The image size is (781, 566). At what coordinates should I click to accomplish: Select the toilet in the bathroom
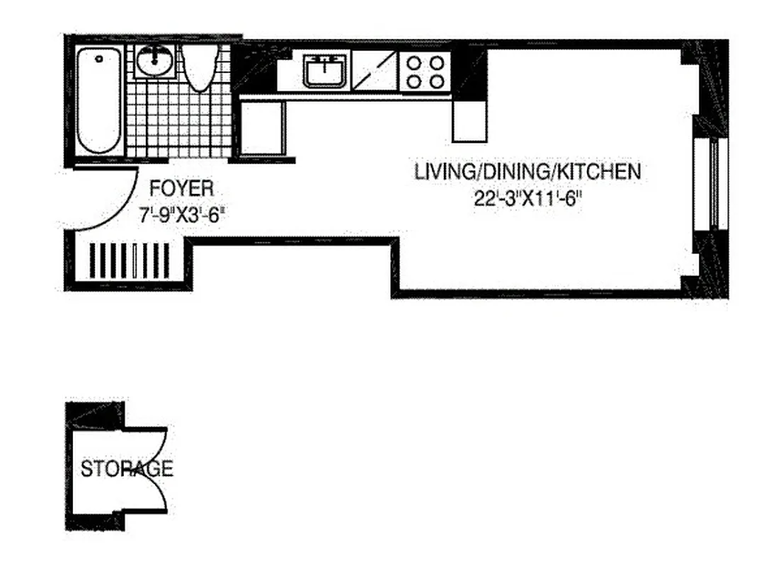point(200,68)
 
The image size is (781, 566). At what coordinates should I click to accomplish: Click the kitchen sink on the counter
point(324,71)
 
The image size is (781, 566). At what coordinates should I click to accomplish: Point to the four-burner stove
point(425,71)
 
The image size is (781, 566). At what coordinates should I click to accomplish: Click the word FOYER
point(181,189)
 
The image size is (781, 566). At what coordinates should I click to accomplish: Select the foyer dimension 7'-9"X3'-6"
point(181,213)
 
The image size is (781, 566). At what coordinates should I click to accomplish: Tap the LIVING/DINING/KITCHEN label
point(528,172)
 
